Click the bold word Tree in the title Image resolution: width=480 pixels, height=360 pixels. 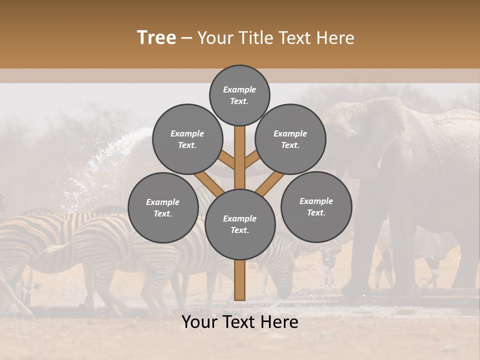coord(156,38)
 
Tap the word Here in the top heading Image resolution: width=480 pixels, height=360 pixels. coord(335,38)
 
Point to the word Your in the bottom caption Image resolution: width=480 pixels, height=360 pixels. coord(199,322)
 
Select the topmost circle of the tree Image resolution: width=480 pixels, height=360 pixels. coord(239,95)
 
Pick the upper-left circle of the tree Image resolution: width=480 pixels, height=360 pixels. coord(187,139)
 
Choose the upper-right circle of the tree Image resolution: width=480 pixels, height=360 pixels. coord(290,139)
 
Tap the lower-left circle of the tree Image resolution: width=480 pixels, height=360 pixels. coord(163,207)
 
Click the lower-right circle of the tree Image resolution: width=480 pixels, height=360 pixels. coord(316,206)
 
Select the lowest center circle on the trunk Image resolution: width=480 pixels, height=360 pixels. coord(240,224)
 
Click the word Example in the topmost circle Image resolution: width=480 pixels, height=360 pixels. coord(239,89)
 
